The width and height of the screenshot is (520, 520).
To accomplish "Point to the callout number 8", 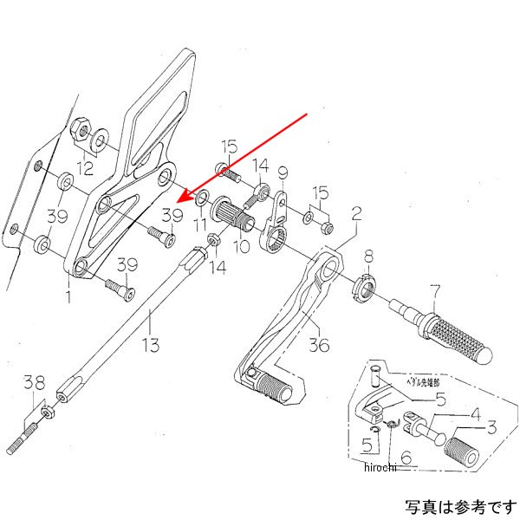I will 368,257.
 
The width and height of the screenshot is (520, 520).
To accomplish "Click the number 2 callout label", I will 355,211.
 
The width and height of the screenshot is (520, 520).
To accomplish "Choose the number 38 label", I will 34,381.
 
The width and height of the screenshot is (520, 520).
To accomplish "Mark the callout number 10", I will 240,247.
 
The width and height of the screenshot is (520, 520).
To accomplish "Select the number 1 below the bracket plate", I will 68,296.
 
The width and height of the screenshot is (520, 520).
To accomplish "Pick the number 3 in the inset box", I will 491,426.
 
